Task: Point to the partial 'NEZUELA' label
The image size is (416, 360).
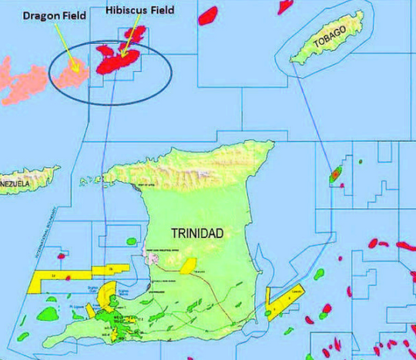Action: (15, 185)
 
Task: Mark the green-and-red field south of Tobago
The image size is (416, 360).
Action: (335, 176)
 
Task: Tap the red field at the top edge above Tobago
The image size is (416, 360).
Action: (207, 12)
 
